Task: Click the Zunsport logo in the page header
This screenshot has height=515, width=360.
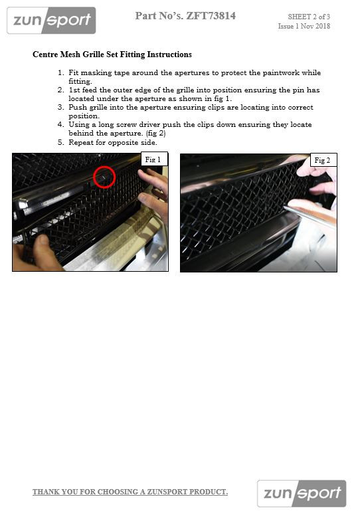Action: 51,21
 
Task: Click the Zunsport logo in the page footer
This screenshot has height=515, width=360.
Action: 302,493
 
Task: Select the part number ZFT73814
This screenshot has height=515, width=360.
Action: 211,16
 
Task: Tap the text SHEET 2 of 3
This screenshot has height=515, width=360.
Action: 309,17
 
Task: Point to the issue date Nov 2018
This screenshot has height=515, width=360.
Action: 315,27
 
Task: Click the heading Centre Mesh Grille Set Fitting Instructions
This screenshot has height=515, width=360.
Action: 112,54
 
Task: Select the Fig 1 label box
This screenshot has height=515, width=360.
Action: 154,159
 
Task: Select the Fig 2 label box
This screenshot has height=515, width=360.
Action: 323,160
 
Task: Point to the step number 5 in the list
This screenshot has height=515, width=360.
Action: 60,143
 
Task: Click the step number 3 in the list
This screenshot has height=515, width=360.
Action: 60,108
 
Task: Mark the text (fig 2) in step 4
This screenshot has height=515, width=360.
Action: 155,134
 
